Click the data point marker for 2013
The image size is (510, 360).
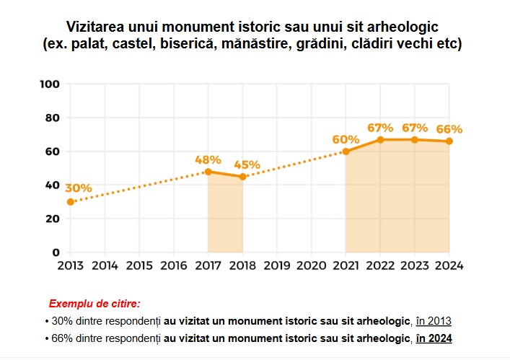coord(71,202)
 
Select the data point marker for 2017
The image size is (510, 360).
coord(208,172)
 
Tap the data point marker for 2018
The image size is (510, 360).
coord(242,177)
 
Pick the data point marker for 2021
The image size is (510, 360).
coord(346,152)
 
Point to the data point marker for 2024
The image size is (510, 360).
coord(449,141)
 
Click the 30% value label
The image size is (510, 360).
coord(78,188)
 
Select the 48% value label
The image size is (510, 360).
coord(208,159)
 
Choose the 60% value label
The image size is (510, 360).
coord(346,139)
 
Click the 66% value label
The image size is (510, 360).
coord(449,129)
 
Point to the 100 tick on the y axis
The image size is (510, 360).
coord(49,84)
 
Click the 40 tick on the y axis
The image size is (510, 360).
coord(52,185)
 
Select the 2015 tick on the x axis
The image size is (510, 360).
coord(139,265)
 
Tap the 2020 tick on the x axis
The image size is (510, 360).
coord(311,265)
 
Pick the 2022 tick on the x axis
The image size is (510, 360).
coord(380,265)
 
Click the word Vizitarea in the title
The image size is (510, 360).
coord(96,27)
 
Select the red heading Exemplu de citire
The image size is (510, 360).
coord(94,304)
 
